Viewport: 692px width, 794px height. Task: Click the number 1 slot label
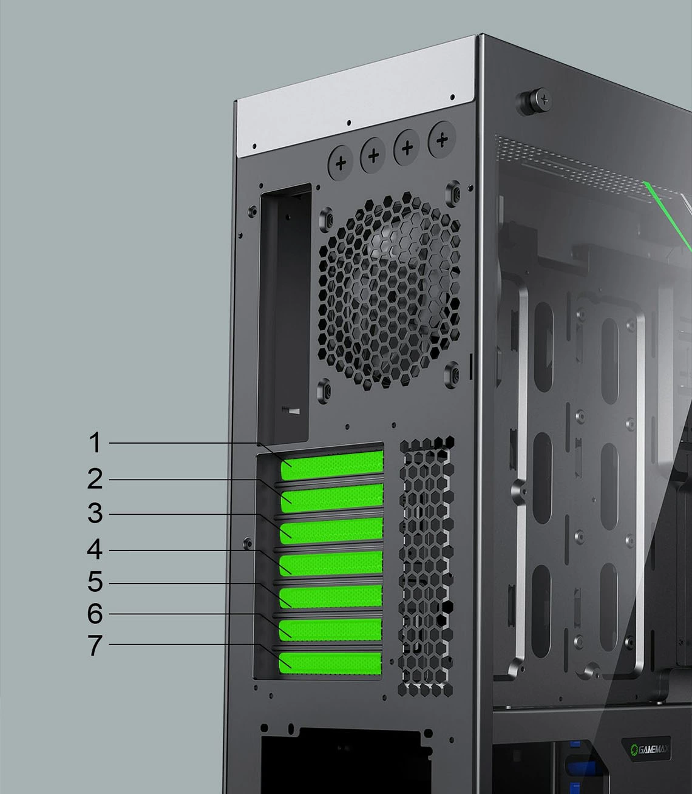(x=95, y=443)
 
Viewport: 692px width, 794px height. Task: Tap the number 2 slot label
(x=95, y=479)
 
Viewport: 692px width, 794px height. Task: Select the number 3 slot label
(x=95, y=513)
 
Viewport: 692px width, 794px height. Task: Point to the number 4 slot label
(x=95, y=549)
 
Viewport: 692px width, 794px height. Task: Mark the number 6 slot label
(x=95, y=614)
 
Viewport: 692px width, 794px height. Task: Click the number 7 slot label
(x=95, y=646)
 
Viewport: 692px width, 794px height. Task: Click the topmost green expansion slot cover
(x=332, y=466)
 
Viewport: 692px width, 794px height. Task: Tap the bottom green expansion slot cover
(x=330, y=663)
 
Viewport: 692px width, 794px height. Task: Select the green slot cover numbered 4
(x=331, y=563)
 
